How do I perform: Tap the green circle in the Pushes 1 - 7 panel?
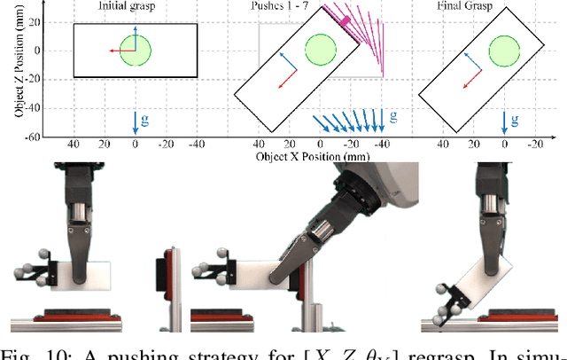(320, 50)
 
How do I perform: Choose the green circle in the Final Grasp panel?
(505, 50)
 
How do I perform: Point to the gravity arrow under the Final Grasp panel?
(505, 121)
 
